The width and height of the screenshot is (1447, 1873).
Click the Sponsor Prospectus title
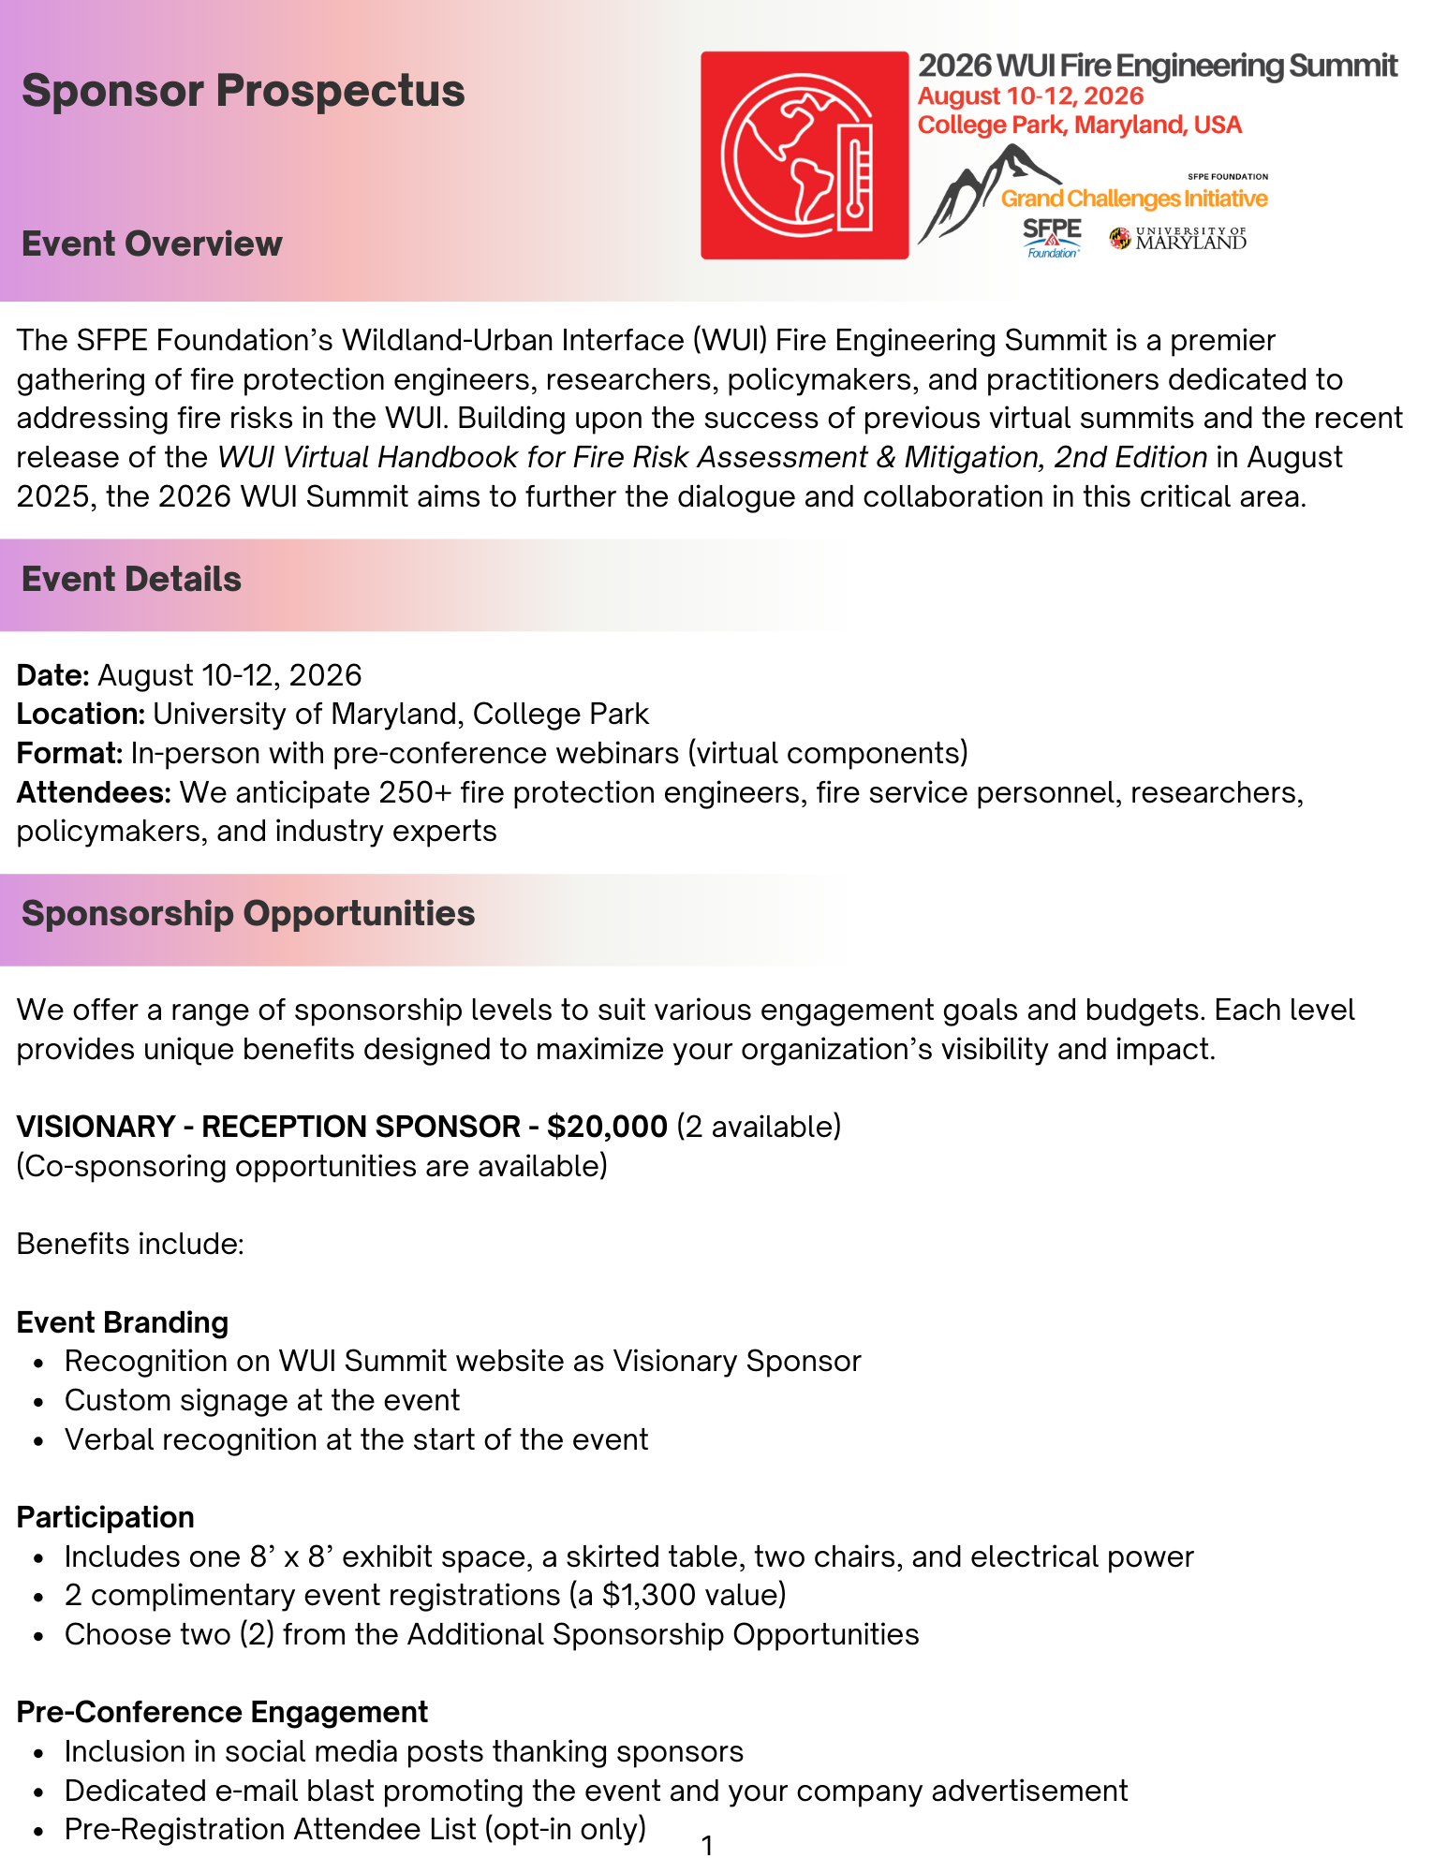tap(243, 91)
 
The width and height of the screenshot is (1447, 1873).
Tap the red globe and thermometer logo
tap(805, 155)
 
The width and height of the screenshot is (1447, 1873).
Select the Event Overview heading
tap(152, 243)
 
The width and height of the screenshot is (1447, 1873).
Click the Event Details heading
tap(131, 580)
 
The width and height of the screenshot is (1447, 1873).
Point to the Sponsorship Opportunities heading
tap(248, 914)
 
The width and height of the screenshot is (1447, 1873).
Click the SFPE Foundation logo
tap(1052, 238)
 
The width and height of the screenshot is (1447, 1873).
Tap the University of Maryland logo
tap(1178, 239)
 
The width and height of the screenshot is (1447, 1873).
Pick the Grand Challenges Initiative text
tap(1134, 199)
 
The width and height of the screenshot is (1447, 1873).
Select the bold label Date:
tap(53, 675)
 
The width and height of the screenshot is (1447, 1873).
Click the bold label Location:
tap(81, 715)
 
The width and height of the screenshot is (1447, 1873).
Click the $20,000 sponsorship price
tap(607, 1126)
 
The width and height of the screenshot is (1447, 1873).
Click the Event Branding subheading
tap(123, 1322)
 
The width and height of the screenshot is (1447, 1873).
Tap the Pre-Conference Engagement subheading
tap(222, 1712)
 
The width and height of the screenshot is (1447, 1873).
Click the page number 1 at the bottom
tap(707, 1846)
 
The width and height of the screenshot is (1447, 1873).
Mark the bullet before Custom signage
tap(38, 1402)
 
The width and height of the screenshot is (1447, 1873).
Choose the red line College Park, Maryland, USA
tap(1079, 125)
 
